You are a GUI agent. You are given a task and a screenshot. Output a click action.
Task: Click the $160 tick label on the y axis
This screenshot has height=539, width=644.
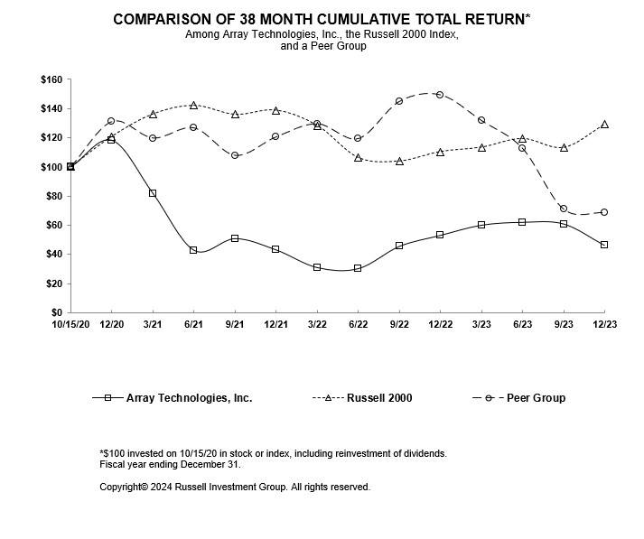(x=50, y=79)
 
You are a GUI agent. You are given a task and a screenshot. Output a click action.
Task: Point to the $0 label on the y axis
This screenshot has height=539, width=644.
(x=56, y=312)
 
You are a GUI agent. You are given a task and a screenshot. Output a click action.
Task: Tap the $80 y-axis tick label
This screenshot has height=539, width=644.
(x=52, y=196)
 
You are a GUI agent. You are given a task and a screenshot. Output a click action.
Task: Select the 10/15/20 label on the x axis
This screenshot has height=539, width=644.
(x=70, y=324)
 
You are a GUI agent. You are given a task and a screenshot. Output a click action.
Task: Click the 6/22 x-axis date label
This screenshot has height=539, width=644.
(x=358, y=324)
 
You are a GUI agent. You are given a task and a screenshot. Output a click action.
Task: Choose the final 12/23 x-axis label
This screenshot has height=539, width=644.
(x=603, y=324)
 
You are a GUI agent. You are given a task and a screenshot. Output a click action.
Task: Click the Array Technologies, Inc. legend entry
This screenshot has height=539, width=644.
(x=189, y=397)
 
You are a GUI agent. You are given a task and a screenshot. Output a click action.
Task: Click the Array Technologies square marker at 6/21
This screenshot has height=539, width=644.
(x=193, y=250)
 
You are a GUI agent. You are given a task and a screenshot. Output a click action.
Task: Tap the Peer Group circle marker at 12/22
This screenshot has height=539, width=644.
(x=440, y=94)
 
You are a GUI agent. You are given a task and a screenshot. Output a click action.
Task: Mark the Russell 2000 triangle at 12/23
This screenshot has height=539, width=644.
(x=604, y=125)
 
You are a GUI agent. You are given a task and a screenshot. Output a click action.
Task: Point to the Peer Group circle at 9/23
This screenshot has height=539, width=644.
(x=564, y=209)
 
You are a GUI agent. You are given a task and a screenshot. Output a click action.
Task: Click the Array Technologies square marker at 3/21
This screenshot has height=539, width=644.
(x=153, y=193)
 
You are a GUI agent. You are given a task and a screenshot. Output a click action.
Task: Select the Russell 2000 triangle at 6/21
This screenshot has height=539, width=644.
(x=193, y=106)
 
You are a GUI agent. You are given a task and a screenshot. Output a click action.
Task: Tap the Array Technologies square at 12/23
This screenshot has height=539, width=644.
(x=604, y=245)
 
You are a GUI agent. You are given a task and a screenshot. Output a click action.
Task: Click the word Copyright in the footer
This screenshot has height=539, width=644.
(x=124, y=487)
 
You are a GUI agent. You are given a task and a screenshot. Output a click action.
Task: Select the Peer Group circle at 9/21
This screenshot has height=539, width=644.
(x=235, y=155)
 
